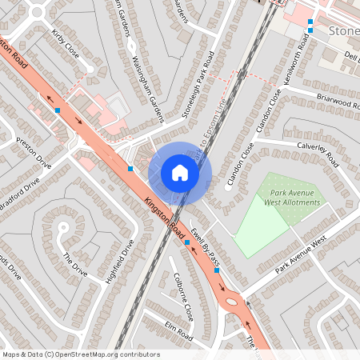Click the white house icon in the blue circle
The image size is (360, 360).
click(x=180, y=172)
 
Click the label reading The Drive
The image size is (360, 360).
click(x=74, y=265)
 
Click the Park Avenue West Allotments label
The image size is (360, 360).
click(x=291, y=197)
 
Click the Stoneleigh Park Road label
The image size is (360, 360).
click(x=199, y=86)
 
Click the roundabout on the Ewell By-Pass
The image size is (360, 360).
click(x=234, y=302)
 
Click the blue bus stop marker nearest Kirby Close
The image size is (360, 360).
click(x=58, y=110)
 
